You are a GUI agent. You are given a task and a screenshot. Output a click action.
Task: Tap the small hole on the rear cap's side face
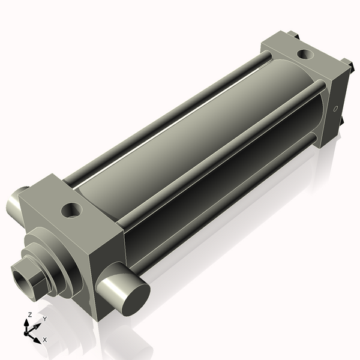click(x=335, y=109)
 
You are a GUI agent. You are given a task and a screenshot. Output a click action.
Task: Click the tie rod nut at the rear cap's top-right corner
click(x=346, y=62)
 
